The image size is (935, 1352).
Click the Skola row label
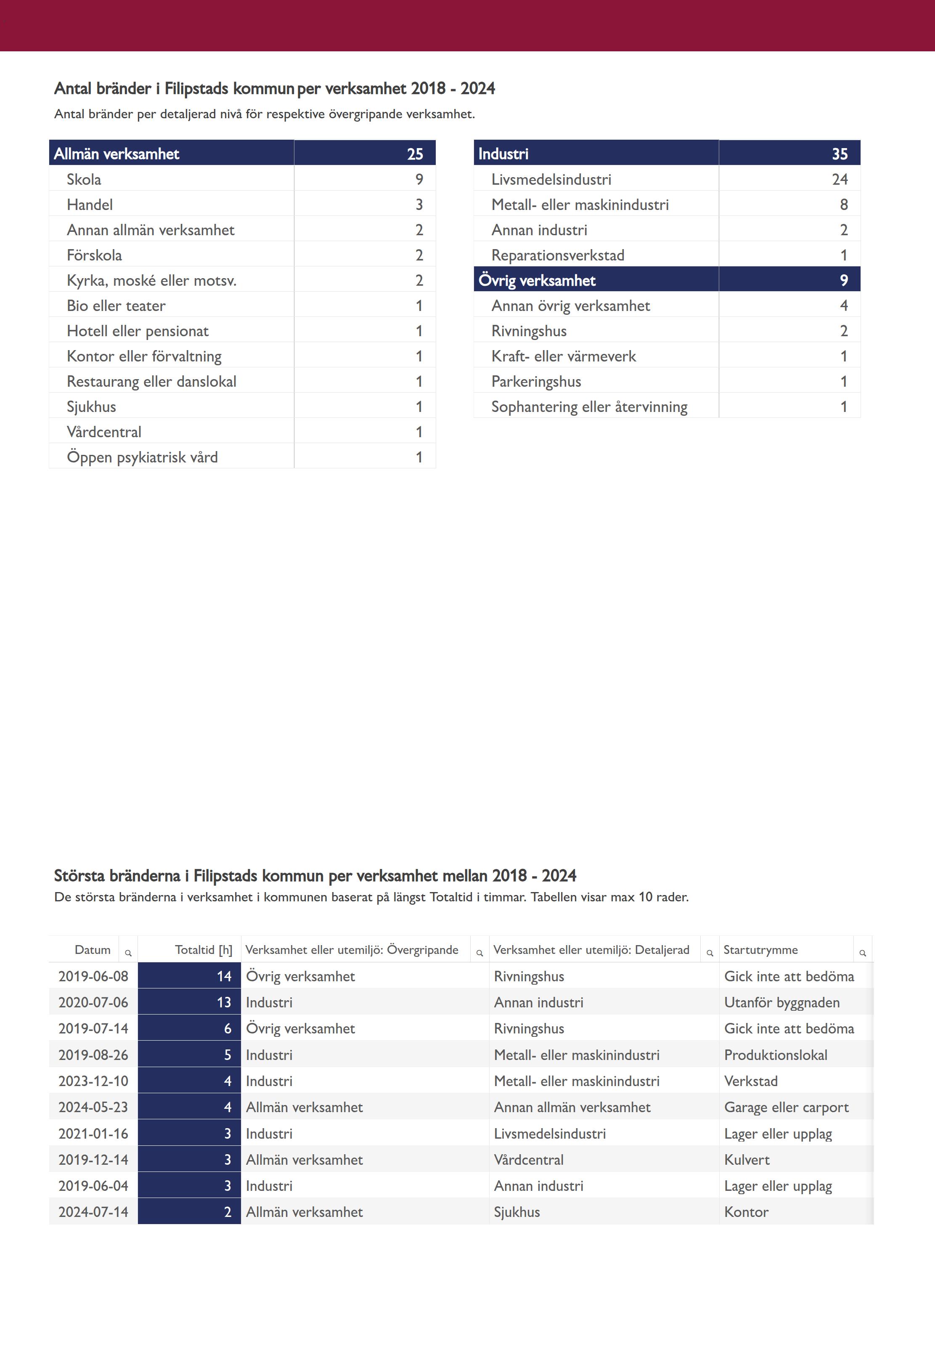point(84,179)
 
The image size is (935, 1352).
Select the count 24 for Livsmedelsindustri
point(840,179)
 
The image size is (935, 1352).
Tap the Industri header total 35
point(840,154)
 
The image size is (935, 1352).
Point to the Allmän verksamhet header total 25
point(415,154)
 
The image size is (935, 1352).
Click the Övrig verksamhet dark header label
point(537,280)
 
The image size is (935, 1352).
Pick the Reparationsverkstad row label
point(558,255)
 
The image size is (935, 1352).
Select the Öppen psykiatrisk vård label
point(142,457)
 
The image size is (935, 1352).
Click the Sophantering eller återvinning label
point(589,407)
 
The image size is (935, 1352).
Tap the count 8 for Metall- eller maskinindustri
point(844,205)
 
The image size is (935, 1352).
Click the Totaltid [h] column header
point(203,949)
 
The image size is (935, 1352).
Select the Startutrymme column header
point(760,949)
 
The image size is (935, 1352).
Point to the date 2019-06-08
point(93,976)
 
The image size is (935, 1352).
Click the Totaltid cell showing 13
point(224,1002)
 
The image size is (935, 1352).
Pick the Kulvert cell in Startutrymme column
point(747,1159)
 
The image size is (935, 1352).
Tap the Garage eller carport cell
point(786,1107)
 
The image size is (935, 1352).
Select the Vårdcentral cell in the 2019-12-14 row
point(528,1159)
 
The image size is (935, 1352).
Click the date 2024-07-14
point(93,1211)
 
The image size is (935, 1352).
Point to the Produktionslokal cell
point(776,1055)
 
